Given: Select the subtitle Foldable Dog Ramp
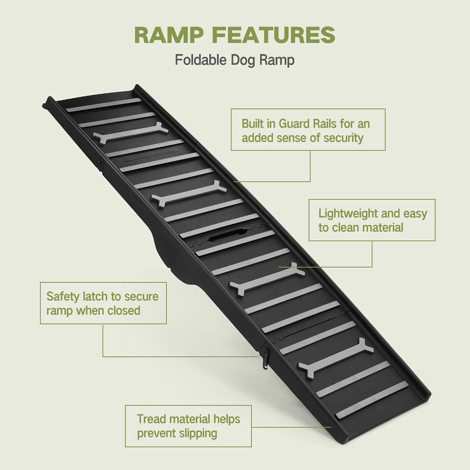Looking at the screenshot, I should (235, 60).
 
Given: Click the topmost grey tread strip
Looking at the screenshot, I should (103, 105).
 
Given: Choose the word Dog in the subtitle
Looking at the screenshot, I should (252, 60).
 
